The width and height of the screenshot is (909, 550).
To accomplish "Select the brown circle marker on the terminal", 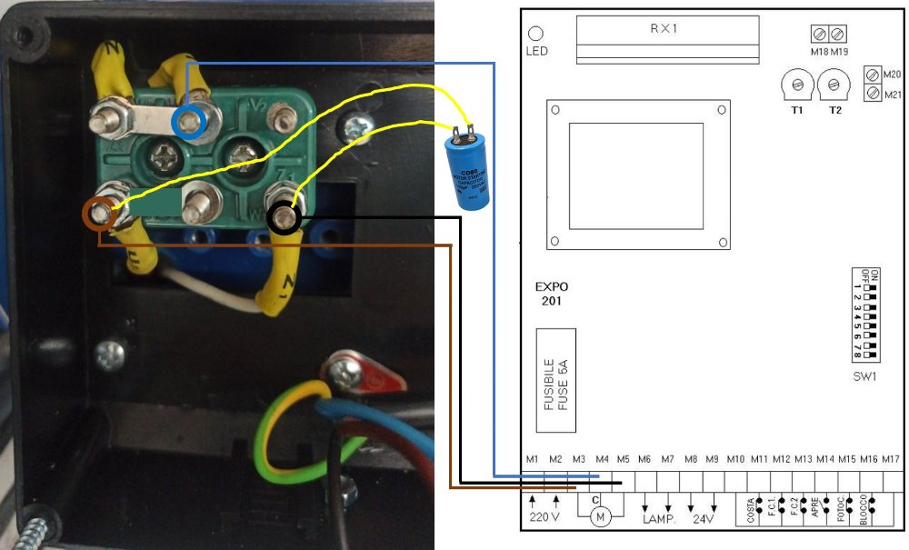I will (99, 214).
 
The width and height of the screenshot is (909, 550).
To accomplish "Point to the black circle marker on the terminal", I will (285, 218).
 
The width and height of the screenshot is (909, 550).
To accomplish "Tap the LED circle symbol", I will (536, 34).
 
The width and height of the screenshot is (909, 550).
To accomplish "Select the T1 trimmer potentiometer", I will (797, 86).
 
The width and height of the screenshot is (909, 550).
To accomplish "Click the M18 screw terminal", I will (819, 35).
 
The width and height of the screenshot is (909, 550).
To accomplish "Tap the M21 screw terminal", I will (873, 93).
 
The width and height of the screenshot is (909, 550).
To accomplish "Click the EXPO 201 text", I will (552, 294).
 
